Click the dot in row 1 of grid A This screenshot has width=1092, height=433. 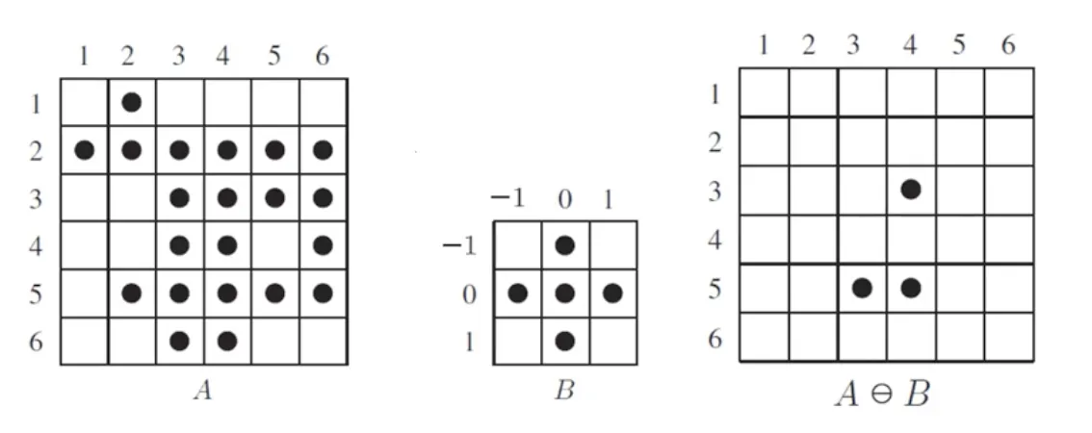[132, 102]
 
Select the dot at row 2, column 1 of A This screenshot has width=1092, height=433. [85, 150]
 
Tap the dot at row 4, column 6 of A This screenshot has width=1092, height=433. [323, 245]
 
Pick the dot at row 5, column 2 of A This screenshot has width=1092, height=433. [132, 293]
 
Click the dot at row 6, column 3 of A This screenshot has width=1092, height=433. [179, 340]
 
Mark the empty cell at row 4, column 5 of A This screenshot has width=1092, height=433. [274, 245]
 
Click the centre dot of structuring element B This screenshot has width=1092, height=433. [565, 293]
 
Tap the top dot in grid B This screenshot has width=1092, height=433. [565, 245]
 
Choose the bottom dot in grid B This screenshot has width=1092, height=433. [565, 340]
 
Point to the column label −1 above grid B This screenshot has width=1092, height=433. [510, 199]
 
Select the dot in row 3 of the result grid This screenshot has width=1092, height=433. [910, 190]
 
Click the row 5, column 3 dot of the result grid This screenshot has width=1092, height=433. [862, 288]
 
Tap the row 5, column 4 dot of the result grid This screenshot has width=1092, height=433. [910, 288]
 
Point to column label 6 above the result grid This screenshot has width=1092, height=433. [1008, 46]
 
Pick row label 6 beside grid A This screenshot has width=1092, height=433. [37, 341]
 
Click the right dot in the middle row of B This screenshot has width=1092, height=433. [612, 293]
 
